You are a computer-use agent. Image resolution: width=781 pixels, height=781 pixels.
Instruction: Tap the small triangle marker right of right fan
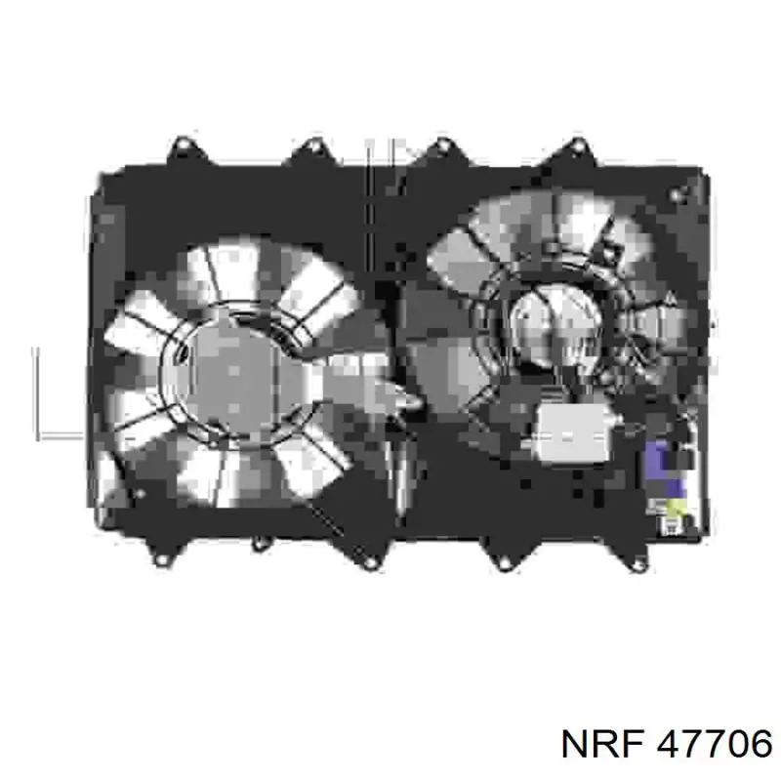(671, 298)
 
